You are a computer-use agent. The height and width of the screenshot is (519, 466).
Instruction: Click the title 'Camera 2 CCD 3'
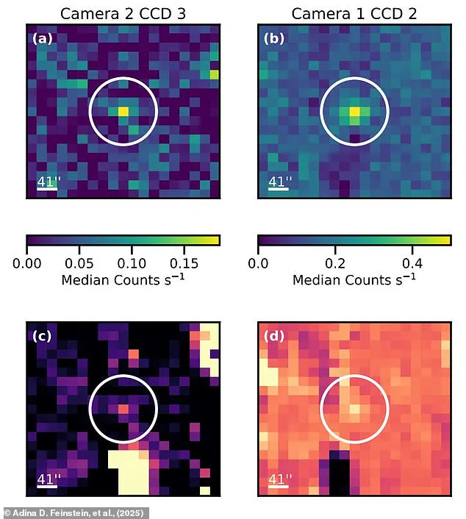pyautogui.click(x=123, y=12)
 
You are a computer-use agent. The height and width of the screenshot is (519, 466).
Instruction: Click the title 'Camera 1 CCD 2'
pyautogui.click(x=354, y=12)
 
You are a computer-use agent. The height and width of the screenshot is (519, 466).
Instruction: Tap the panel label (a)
pyautogui.click(x=42, y=38)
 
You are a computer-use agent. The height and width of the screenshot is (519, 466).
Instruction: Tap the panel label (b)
pyautogui.click(x=273, y=38)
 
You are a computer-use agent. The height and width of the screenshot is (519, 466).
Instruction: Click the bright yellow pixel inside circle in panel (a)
pyautogui.click(x=123, y=111)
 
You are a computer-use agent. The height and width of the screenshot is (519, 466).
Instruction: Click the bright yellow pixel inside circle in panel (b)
pyautogui.click(x=355, y=112)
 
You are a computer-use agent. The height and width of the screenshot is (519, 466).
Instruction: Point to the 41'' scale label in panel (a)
pyautogui.click(x=48, y=181)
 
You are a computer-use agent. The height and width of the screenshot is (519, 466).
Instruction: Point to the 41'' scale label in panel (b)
pyautogui.click(x=279, y=181)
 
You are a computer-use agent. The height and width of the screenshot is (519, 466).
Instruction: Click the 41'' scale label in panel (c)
pyautogui.click(x=48, y=479)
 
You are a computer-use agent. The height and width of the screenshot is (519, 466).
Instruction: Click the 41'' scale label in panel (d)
pyautogui.click(x=279, y=479)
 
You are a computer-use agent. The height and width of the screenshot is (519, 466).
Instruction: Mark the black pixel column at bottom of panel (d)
pyautogui.click(x=338, y=473)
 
